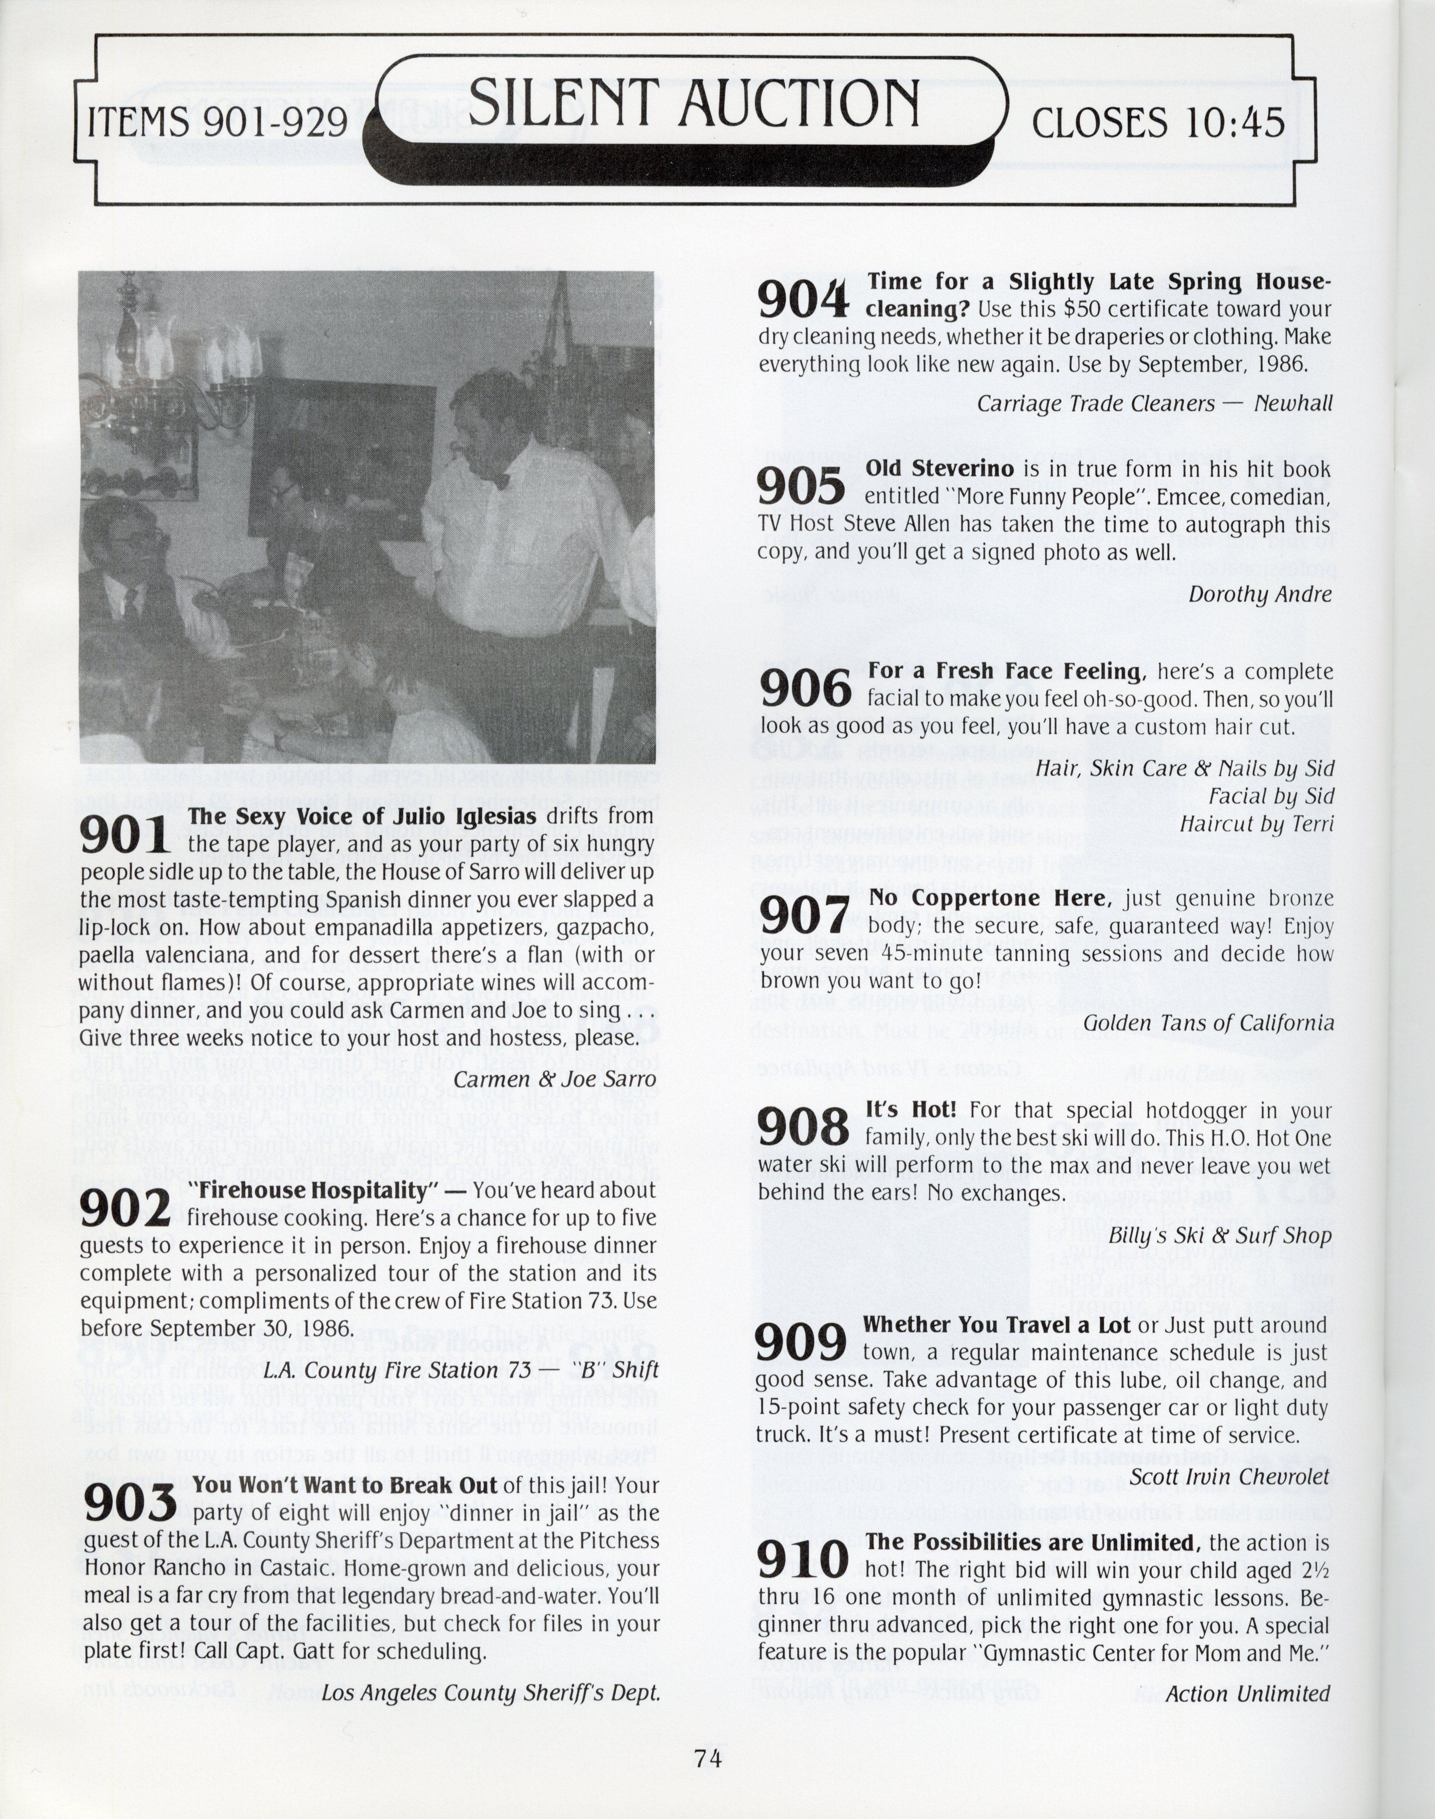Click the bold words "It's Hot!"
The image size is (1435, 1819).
(911, 1110)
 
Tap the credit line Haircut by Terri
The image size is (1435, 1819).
(1256, 823)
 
